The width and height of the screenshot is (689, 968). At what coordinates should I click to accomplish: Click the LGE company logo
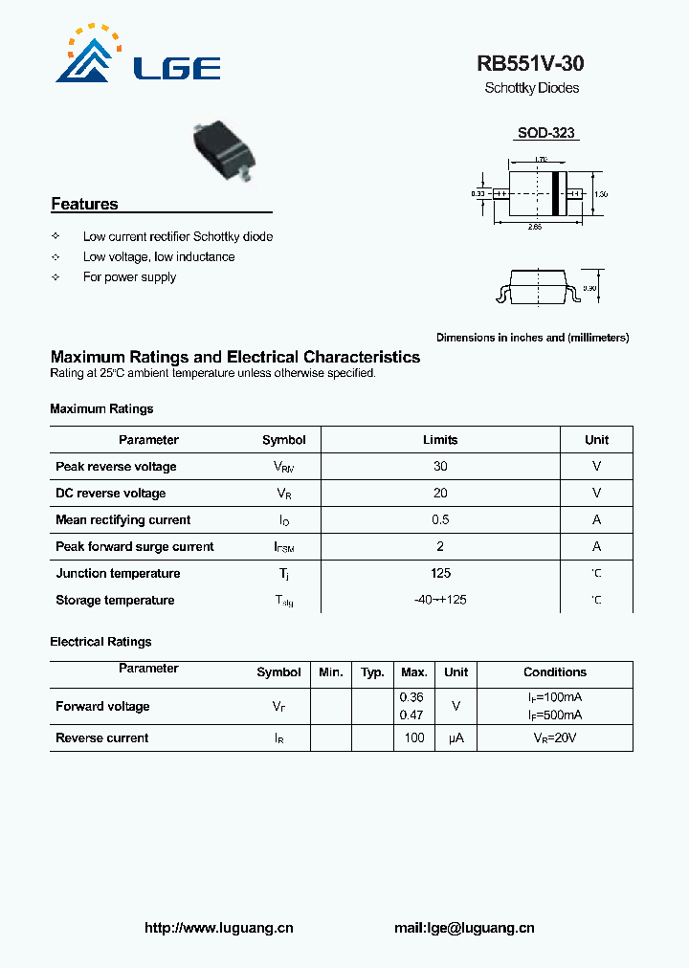138,58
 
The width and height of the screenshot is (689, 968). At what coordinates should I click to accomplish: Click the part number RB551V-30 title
530,64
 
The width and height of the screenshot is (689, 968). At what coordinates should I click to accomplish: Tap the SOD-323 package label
545,133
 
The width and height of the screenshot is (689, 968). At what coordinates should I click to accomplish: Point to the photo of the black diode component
226,149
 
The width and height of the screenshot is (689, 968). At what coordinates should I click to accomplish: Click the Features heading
84,204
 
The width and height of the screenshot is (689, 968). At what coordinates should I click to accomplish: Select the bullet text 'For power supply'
129,277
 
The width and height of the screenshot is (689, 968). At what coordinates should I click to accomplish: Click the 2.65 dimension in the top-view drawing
534,227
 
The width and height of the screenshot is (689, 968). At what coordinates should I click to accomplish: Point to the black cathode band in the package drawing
554,194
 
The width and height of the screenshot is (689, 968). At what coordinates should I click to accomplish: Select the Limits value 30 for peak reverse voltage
440,467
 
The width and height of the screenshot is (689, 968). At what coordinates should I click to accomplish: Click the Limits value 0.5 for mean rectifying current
440,520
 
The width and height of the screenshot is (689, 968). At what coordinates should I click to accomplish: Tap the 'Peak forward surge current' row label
135,547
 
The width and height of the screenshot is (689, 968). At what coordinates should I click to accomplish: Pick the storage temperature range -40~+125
440,601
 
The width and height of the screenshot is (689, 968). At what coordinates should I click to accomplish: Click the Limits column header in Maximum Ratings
440,440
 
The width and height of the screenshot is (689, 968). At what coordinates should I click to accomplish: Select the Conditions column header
554,672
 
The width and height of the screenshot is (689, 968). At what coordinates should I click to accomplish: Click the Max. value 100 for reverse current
413,738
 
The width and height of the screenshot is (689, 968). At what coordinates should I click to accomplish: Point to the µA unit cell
456,738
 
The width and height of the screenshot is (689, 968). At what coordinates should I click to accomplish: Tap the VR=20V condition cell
554,738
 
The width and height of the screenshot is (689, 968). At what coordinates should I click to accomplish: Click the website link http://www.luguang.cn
218,928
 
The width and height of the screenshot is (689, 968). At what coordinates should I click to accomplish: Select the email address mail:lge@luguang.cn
464,928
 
